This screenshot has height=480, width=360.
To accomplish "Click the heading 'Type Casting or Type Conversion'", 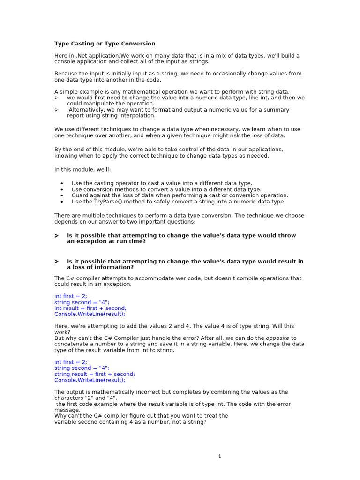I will (x=105, y=44).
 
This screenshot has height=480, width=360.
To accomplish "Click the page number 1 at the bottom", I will (x=219, y=456).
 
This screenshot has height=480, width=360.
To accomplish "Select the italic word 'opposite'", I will (x=277, y=338).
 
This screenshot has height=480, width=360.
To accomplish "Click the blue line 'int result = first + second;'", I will (x=90, y=308).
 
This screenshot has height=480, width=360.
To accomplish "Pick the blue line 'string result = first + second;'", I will (x=94, y=374).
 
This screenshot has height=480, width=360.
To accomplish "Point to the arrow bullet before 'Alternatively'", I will (x=56, y=110).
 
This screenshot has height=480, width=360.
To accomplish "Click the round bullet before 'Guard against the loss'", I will (x=62, y=195).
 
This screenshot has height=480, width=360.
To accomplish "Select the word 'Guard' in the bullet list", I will (x=80, y=195).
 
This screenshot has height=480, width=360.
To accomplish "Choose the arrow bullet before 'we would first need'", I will (x=56, y=97).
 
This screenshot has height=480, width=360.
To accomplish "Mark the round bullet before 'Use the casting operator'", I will (x=62, y=183).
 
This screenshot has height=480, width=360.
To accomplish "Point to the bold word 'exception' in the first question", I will (x=89, y=241).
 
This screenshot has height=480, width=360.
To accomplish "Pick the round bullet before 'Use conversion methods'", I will (x=62, y=189).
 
